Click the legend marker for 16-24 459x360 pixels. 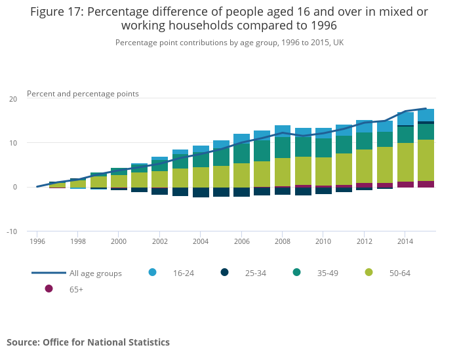153,273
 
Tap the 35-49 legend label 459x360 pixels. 325,273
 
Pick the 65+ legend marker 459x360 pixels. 49,289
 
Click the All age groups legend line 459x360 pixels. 49,273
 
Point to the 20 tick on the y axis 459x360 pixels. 13,99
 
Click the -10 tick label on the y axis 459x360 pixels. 12,231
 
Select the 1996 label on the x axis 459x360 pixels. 37,241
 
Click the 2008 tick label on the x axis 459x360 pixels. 283,241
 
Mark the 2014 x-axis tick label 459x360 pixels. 405,241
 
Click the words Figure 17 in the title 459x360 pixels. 55,12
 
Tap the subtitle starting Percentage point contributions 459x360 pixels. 229,43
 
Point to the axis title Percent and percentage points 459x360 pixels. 83,94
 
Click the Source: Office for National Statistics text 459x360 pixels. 88,342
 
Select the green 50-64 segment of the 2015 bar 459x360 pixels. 426,160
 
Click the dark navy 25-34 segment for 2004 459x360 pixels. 201,192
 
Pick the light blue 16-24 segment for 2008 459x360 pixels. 283,130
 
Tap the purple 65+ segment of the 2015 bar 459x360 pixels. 426,184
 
